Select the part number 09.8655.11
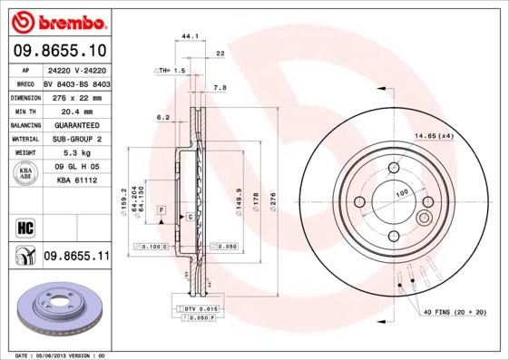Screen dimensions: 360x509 [x=75, y=257]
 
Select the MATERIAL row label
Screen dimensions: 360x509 [x=24, y=139]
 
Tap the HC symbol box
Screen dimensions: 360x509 [x=24, y=225]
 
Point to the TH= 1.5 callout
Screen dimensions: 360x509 [x=169, y=70]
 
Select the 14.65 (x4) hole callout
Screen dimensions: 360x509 [x=433, y=135]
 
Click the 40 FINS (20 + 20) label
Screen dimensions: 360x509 [x=453, y=313]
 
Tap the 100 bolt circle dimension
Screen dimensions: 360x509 [x=399, y=193]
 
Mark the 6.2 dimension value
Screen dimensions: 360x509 [x=163, y=117]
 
